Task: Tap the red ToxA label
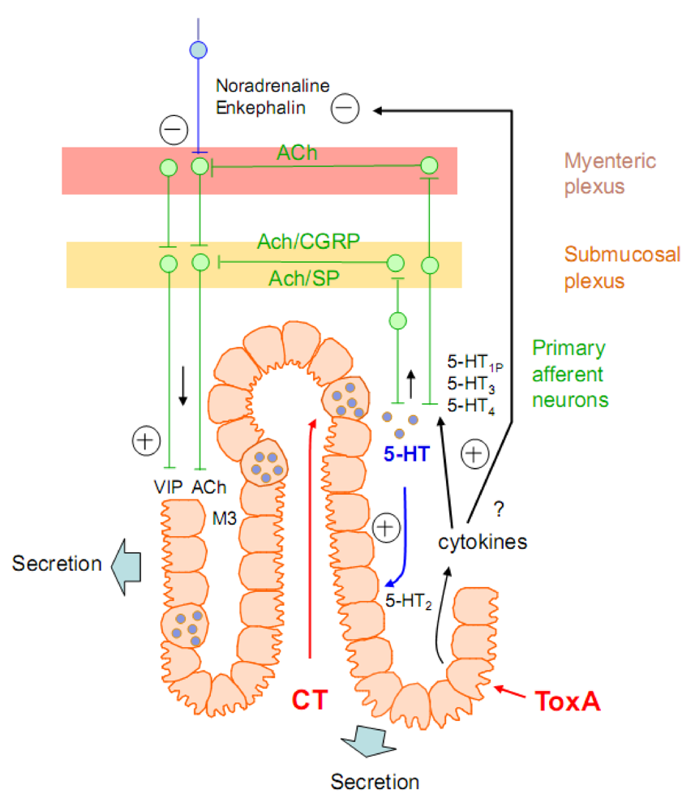(x=568, y=700)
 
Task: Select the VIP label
(x=168, y=489)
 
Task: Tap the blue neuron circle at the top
(x=198, y=49)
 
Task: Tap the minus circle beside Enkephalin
(x=345, y=107)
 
